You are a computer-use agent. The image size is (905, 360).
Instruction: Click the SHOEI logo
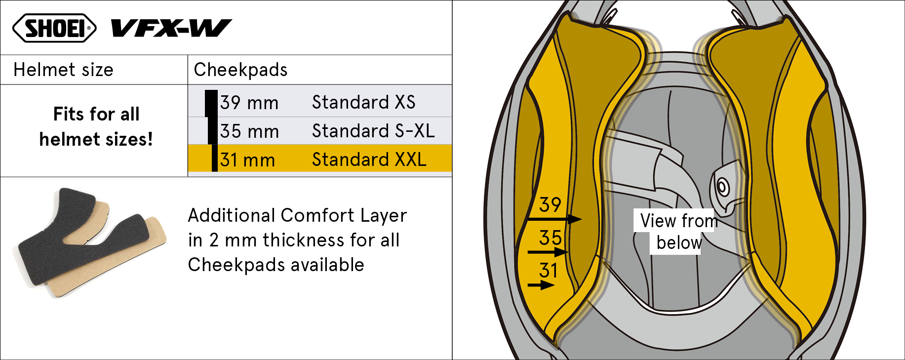coord(54,28)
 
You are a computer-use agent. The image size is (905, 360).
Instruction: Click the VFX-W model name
coord(171,28)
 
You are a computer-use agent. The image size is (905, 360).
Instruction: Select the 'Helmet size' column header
coord(63,70)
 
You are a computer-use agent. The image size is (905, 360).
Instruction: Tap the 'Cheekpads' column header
coord(240,70)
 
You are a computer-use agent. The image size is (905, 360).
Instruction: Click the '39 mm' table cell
coord(249,103)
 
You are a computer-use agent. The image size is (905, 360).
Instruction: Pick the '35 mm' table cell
coord(249,131)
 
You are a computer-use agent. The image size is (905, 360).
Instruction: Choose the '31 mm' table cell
coord(247,160)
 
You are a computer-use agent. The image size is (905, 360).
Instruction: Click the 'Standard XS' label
coord(364,102)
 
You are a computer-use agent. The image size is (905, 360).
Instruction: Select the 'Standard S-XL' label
coord(373,131)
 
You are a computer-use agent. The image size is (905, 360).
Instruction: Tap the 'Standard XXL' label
coord(369,160)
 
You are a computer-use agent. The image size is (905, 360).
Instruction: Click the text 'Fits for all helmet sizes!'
coord(96,126)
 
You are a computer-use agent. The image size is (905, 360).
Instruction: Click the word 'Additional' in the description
coord(231,215)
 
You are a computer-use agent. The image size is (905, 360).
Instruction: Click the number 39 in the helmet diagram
coord(550,204)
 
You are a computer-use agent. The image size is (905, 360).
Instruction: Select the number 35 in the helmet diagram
coord(550,238)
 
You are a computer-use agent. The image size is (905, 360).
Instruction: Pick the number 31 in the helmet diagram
coord(548,271)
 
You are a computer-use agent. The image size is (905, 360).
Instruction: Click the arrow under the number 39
coord(554,219)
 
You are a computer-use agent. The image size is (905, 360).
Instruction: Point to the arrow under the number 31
coord(541,285)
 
